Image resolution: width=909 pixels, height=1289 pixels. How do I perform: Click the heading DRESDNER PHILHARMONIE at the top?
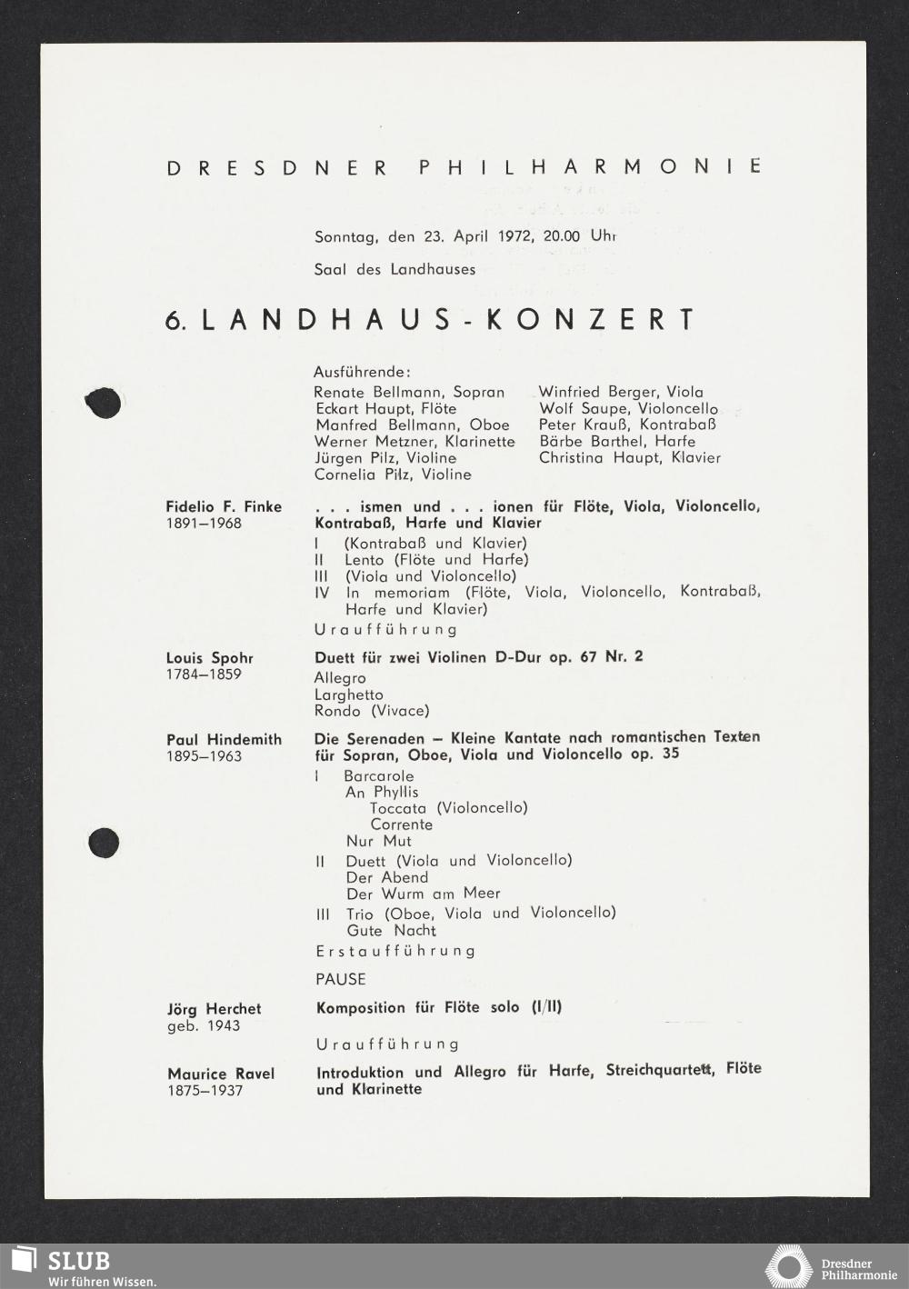point(464,167)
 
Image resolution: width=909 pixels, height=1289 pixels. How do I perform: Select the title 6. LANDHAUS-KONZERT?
point(430,320)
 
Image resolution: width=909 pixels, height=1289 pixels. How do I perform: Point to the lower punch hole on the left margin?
point(104,844)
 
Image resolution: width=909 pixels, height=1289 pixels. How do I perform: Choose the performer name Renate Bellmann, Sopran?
point(409,393)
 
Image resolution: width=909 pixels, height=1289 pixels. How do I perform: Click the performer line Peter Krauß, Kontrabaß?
point(627,425)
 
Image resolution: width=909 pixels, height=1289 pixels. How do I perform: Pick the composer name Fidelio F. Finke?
point(224,506)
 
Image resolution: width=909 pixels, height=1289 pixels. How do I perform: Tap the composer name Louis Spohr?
point(209,657)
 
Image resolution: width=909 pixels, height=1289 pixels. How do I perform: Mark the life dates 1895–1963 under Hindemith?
point(204,756)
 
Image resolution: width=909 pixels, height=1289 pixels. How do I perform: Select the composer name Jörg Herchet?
point(214,1009)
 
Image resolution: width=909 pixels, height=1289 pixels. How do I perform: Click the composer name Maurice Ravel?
point(221,1074)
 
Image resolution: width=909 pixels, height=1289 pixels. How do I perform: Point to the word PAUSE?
point(341,979)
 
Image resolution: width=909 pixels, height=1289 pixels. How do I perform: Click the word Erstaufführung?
point(395,951)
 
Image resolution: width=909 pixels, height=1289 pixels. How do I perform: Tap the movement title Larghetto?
point(349,694)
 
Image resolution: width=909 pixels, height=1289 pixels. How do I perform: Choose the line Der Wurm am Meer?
point(424,894)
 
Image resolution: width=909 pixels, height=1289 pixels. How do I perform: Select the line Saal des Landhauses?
point(395,269)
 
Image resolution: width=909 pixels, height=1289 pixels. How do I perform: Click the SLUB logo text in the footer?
point(78,1261)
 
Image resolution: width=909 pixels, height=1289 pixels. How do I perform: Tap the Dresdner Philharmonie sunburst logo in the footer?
point(787,1267)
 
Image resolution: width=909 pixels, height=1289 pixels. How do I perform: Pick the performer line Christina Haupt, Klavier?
point(629,457)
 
